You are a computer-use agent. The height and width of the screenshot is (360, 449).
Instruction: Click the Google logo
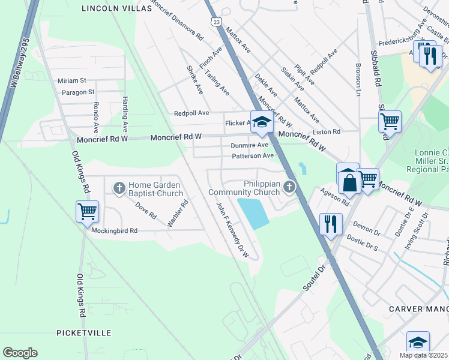click(20, 353)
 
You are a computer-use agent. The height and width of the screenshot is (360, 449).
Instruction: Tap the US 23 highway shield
click(216, 21)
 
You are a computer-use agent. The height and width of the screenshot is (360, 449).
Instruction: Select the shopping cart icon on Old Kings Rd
click(87, 211)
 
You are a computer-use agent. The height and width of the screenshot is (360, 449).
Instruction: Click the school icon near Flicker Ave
click(261, 122)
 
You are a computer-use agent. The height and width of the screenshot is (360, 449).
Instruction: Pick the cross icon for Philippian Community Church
click(289, 188)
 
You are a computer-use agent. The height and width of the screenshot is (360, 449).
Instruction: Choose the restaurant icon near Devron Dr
click(331, 224)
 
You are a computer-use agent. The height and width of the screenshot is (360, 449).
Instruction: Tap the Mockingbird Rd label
click(114, 230)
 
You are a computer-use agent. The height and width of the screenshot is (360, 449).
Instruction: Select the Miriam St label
click(72, 80)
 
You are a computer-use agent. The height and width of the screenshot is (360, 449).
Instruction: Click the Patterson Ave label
click(253, 156)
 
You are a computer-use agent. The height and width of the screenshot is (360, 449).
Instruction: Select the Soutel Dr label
click(313, 280)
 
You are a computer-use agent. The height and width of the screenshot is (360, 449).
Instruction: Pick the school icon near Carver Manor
click(418, 342)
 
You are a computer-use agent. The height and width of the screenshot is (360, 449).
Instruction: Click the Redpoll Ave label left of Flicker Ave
click(191, 113)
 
